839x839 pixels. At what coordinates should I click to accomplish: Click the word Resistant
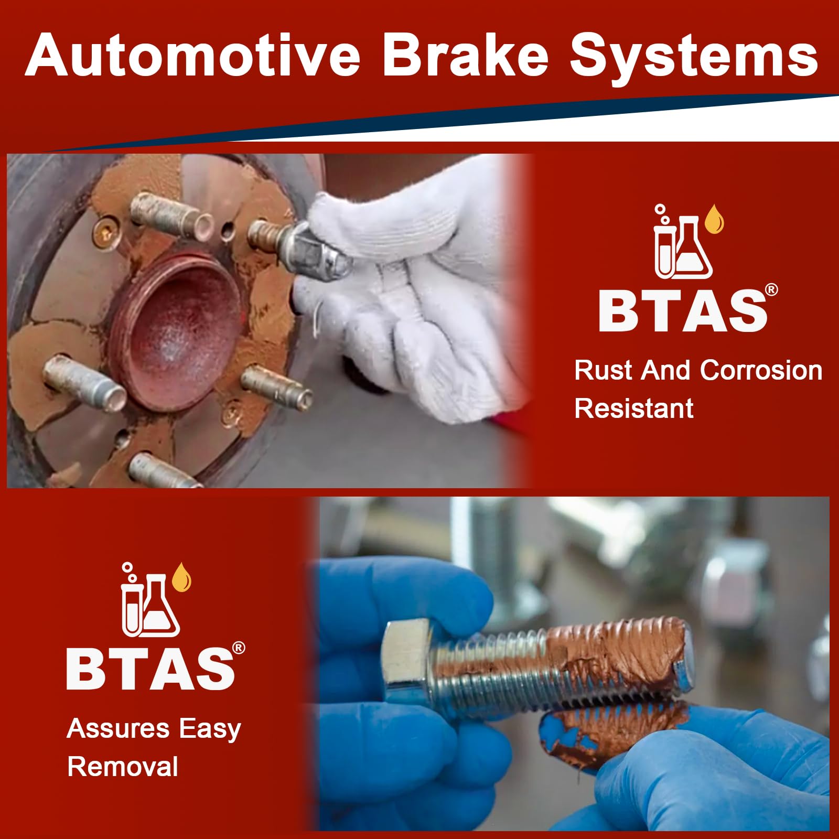[633, 408]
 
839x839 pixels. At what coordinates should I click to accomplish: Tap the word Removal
[123, 767]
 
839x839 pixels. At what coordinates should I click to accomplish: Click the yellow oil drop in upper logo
[714, 220]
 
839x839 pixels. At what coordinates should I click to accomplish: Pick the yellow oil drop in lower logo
[181, 577]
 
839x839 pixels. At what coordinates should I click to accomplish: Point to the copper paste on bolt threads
[619, 655]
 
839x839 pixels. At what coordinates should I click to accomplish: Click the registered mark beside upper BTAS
[771, 290]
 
